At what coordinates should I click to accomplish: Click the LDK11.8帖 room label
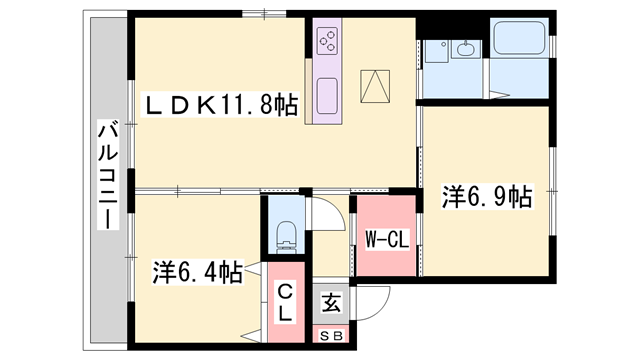222,105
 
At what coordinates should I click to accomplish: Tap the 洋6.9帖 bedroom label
486,196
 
